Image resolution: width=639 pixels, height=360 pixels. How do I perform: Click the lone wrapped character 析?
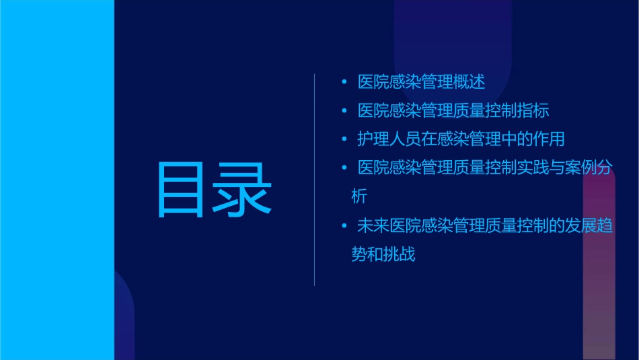359,197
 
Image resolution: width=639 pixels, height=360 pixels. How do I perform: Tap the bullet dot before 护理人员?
344,139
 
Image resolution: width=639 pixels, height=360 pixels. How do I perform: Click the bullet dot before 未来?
344,226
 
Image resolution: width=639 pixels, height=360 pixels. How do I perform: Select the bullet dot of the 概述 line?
344,81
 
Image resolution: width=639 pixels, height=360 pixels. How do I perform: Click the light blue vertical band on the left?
57,180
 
